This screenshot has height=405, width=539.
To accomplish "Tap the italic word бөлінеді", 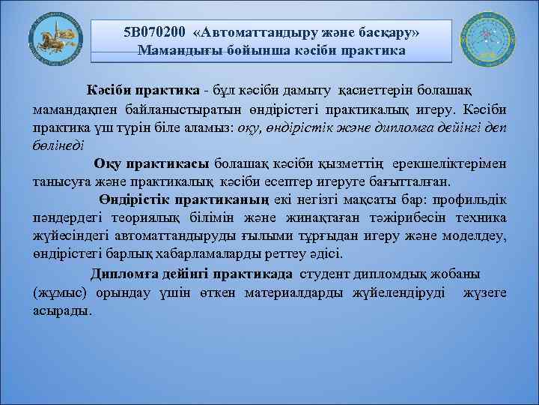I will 58,145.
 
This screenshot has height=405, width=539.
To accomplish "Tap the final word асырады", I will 62,310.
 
